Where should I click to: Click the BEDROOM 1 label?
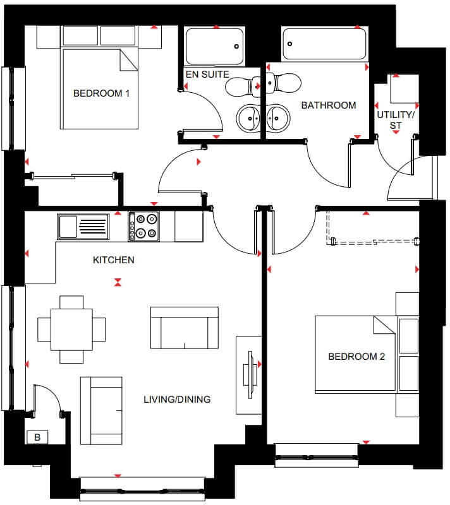pyautogui.click(x=101, y=93)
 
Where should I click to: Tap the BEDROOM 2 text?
pyautogui.click(x=356, y=357)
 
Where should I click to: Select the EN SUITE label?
pyautogui.click(x=207, y=74)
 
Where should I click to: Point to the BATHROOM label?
pyautogui.click(x=328, y=105)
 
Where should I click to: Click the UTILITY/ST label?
pyautogui.click(x=396, y=121)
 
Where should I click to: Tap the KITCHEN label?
pyautogui.click(x=114, y=260)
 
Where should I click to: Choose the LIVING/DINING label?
pyautogui.click(x=177, y=400)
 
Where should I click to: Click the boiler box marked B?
pyautogui.click(x=37, y=437)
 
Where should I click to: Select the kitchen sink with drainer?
pyautogui.click(x=83, y=226)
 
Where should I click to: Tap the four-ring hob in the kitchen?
pyautogui.click(x=143, y=226)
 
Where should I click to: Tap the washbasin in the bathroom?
pyautogui.click(x=277, y=117)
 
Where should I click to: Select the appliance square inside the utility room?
pyautogui.click(x=401, y=88)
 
